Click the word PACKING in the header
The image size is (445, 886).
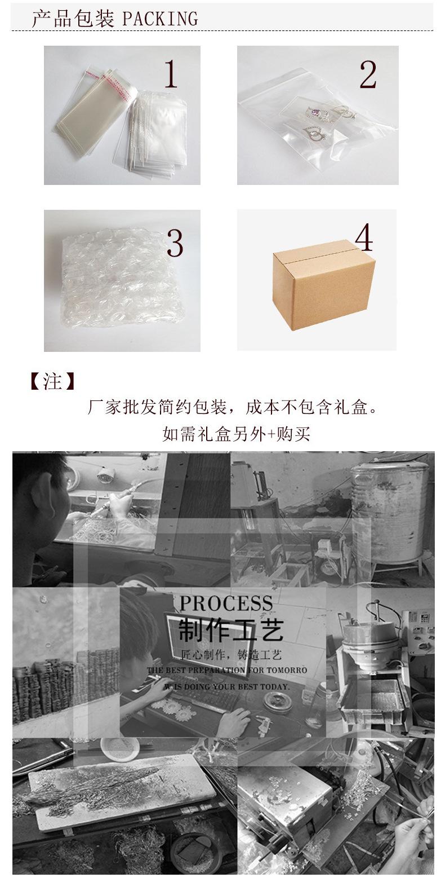point(160,19)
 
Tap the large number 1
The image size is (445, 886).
point(171,74)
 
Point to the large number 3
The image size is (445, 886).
point(175,243)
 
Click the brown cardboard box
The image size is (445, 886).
point(323,284)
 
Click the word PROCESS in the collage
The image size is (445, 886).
point(226,603)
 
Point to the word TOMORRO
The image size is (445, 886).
point(281,670)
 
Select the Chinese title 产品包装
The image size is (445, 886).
point(73,19)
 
